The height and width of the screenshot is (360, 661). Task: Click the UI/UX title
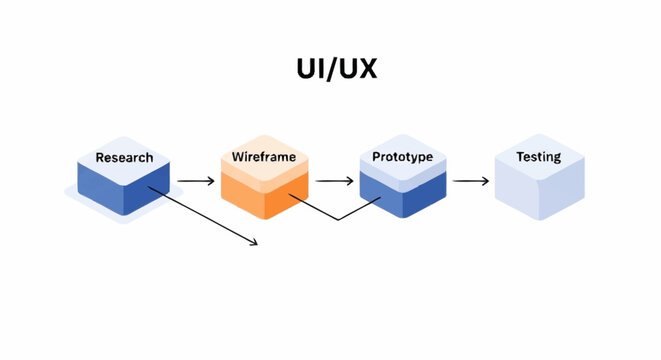(329, 69)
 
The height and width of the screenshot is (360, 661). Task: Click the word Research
(124, 157)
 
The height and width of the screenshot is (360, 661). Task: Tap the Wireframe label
(262, 157)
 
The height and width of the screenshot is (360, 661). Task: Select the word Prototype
(401, 157)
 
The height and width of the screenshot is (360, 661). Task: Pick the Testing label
(538, 157)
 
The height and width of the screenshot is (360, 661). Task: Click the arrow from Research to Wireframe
(196, 181)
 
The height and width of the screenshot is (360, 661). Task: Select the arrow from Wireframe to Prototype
(334, 181)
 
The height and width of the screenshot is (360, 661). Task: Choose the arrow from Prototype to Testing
(470, 181)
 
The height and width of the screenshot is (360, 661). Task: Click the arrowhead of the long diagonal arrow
(255, 243)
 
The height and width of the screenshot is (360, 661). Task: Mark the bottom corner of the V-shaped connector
(338, 219)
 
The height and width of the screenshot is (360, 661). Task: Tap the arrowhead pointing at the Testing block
(485, 181)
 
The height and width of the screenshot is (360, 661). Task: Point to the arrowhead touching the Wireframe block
(211, 181)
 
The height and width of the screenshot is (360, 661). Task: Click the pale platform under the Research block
(80, 204)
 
